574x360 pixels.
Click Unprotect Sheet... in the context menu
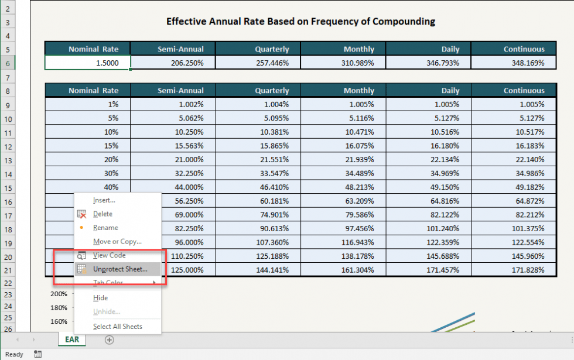(119, 269)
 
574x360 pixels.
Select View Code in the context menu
(109, 255)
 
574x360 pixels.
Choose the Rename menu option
(105, 228)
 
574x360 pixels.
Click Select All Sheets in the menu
(117, 327)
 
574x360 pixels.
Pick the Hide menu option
(100, 298)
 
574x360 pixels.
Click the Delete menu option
(102, 214)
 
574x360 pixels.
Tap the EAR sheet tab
(72, 340)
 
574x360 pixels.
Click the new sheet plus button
(109, 340)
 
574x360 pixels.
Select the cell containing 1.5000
(88, 63)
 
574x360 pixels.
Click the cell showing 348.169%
(513, 63)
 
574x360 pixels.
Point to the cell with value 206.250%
(173, 63)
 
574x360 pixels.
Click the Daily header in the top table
(450, 49)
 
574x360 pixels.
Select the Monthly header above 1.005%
(358, 91)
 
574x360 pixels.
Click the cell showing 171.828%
(513, 269)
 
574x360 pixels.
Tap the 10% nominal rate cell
(88, 132)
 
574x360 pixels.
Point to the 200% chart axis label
(59, 294)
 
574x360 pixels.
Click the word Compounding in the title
(404, 22)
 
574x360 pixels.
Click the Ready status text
(13, 354)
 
